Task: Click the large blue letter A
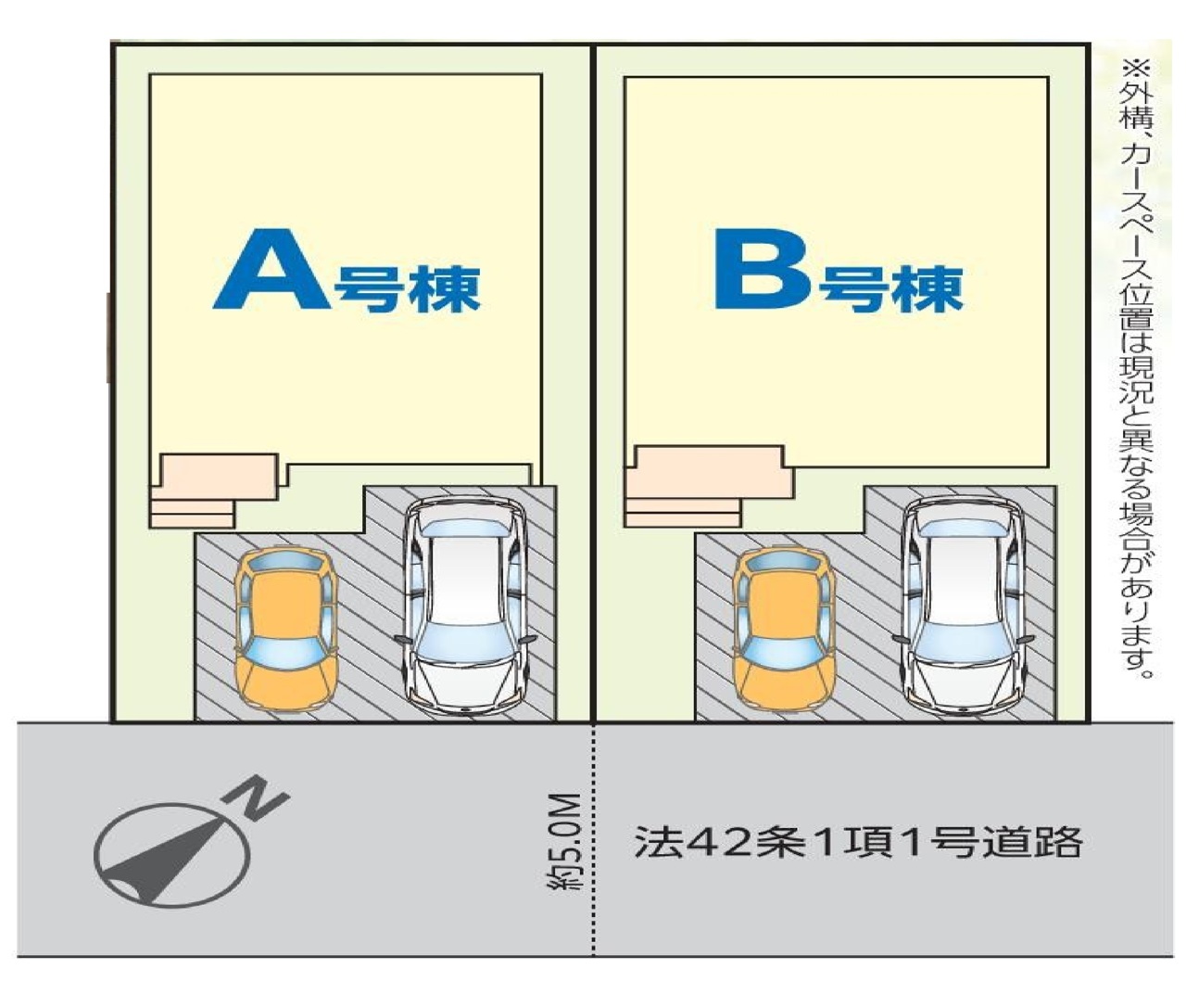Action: coord(271,270)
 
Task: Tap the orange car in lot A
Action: coord(285,629)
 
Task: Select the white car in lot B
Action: coord(964,606)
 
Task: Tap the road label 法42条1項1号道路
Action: coord(858,842)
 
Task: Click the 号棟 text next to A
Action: coord(407,289)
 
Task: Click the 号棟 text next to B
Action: coord(890,289)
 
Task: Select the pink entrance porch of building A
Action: coord(214,477)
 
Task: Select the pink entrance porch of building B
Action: coord(708,471)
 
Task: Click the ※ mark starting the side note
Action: coord(1136,70)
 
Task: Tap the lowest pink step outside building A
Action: coord(192,521)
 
